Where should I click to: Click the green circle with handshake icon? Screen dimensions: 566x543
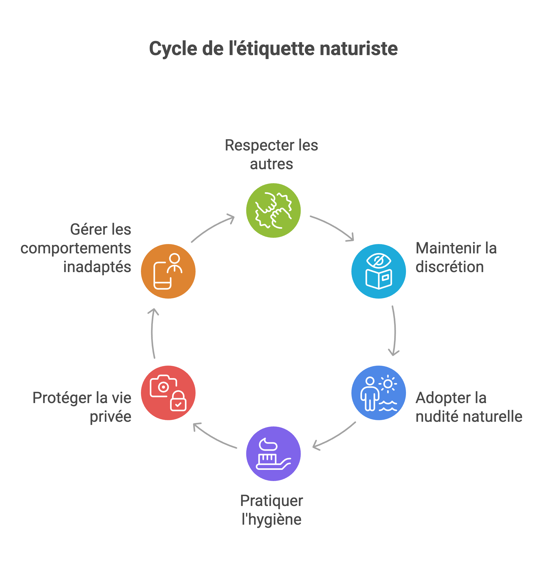[273, 210]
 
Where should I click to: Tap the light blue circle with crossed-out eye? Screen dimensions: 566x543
[378, 271]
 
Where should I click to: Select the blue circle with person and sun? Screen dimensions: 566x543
[378, 393]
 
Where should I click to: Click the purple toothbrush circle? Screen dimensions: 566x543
[273, 453]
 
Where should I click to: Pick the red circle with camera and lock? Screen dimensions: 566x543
[168, 393]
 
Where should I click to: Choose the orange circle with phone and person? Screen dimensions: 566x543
[168, 271]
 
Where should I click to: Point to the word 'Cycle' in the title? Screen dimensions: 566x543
[173, 49]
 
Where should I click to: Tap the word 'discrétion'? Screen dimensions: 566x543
[449, 267]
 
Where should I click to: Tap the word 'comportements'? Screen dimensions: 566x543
[76, 248]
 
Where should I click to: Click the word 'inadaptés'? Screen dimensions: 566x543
[97, 267]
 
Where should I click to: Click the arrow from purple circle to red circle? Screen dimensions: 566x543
[214, 436]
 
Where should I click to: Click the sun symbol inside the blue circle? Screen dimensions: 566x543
[387, 384]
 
